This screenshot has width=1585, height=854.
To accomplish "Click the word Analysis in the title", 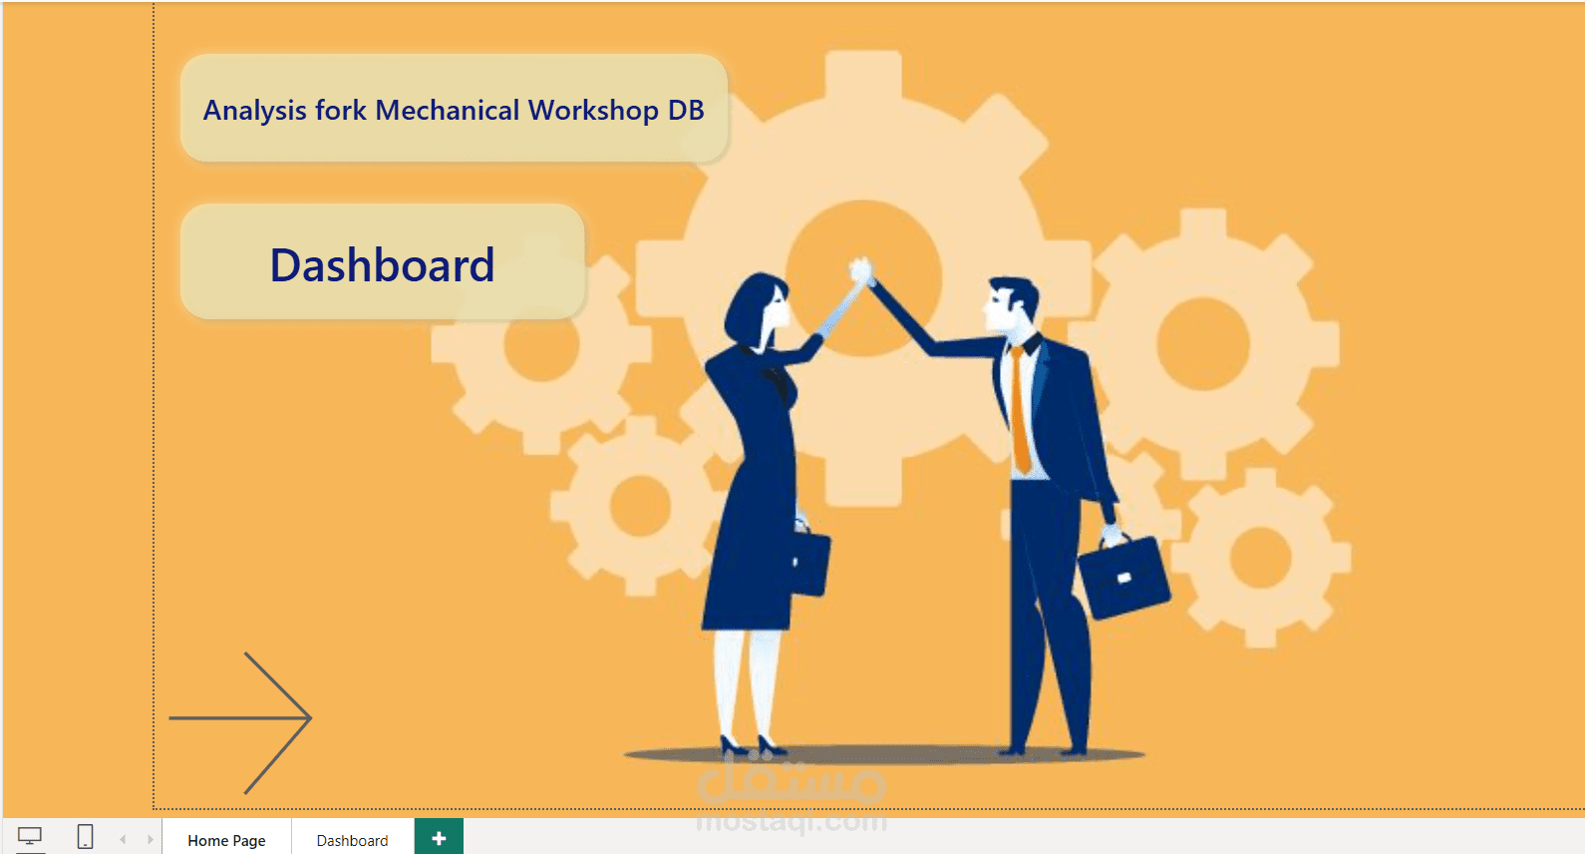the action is coord(255,111).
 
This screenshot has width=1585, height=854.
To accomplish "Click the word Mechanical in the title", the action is coord(448,111).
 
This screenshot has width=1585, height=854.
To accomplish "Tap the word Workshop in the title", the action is coord(593,111).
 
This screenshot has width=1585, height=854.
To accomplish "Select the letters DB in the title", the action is coord(686,111).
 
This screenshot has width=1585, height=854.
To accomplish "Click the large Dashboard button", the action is coord(382,262).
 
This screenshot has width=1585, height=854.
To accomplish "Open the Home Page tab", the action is coord(226,840).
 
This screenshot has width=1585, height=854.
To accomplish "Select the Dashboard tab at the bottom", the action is coord(352,840).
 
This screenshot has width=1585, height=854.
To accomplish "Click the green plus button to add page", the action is coord(439,838).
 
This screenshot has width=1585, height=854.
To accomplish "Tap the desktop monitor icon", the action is coord(30,836).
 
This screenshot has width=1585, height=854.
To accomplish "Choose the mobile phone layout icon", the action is coord(85,836).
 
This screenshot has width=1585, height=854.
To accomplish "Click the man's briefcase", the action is coord(1123,574).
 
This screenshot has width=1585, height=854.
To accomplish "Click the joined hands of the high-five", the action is coord(862,271).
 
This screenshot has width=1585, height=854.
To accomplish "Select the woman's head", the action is coord(756,310).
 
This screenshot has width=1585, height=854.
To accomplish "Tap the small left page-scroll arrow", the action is coord(123,839).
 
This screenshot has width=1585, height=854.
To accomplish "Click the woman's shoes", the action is coord(753,745).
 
